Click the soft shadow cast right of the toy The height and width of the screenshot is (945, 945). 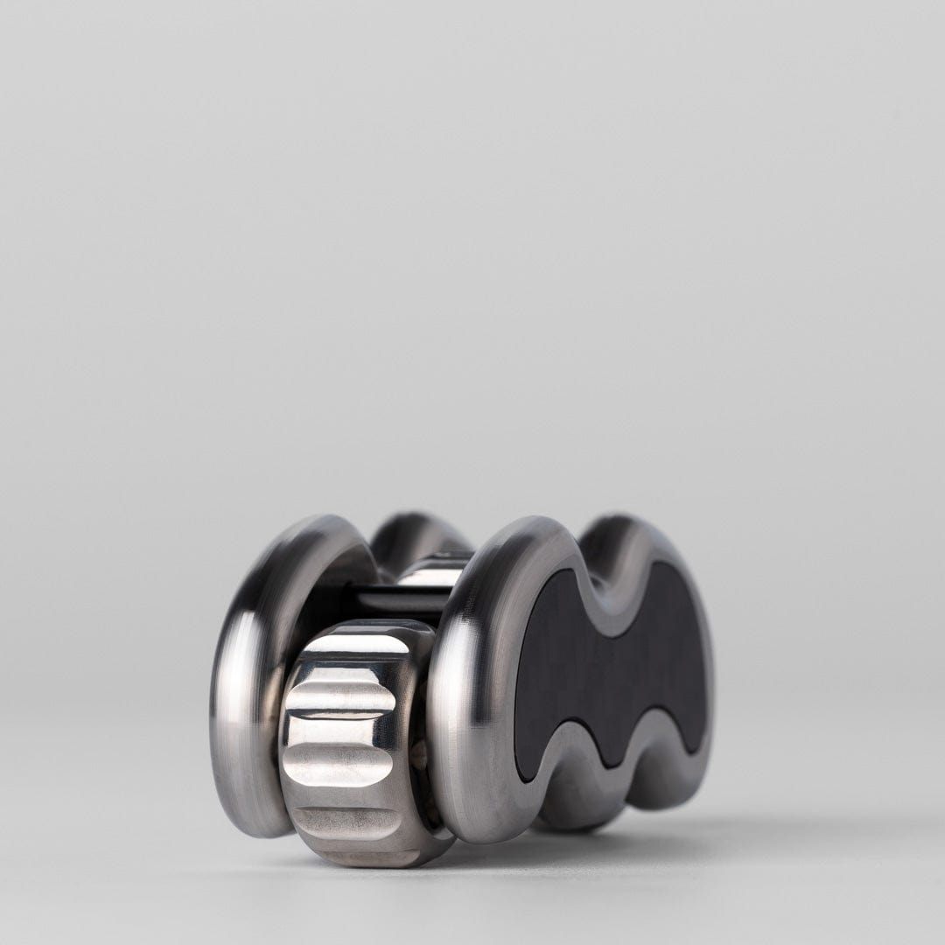787,831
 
